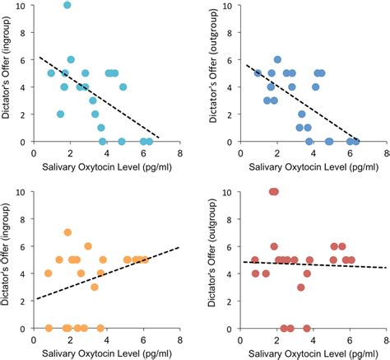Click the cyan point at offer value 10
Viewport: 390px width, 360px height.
[67, 5]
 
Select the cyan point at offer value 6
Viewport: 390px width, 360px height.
[71, 59]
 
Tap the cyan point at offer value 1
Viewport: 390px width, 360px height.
[101, 128]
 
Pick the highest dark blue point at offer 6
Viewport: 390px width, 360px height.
[277, 59]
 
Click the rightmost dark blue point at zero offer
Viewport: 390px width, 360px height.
[355, 142]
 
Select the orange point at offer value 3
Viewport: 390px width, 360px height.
[95, 287]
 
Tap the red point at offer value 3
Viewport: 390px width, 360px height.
[301, 287]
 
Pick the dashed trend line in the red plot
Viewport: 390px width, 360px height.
[329, 264]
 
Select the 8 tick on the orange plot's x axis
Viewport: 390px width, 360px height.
[180, 339]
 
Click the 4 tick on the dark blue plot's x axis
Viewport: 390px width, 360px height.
[313, 152]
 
